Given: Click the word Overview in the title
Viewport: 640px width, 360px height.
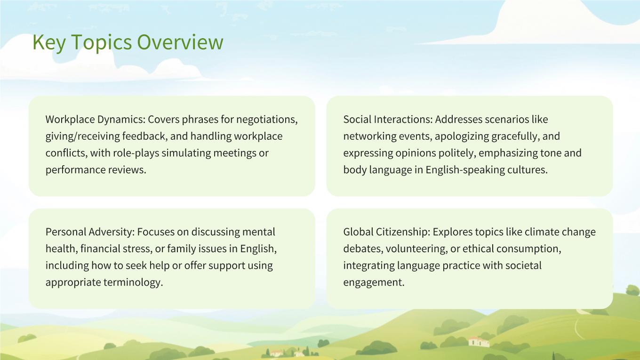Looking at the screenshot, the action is pos(180,42).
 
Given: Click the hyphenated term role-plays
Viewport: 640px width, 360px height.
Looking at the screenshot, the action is pos(136,153).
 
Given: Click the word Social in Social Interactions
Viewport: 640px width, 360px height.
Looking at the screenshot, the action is pos(357,119).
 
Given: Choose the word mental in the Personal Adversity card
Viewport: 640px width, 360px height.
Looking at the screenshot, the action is pos(259,232).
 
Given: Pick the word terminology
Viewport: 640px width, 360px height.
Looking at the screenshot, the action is pos(133,282).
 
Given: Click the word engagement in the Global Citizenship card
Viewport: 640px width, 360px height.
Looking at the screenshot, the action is pos(374,282).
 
